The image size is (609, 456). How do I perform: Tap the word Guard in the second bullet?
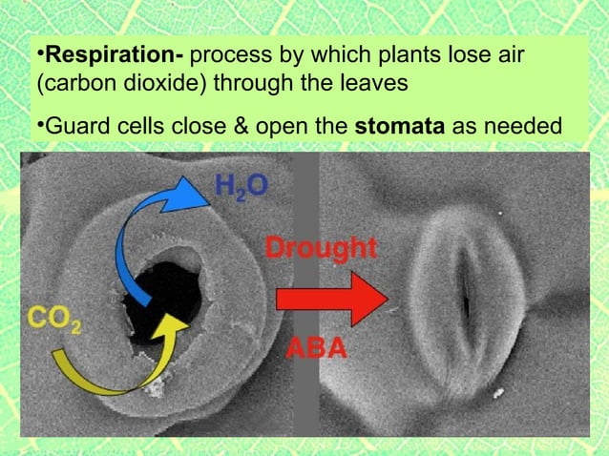coord(73,127)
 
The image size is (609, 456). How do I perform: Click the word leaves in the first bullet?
coord(381,83)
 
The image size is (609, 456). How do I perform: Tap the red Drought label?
coord(321,250)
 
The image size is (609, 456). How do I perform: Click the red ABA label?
coord(317,349)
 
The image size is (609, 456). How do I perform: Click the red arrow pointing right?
coord(325,299)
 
